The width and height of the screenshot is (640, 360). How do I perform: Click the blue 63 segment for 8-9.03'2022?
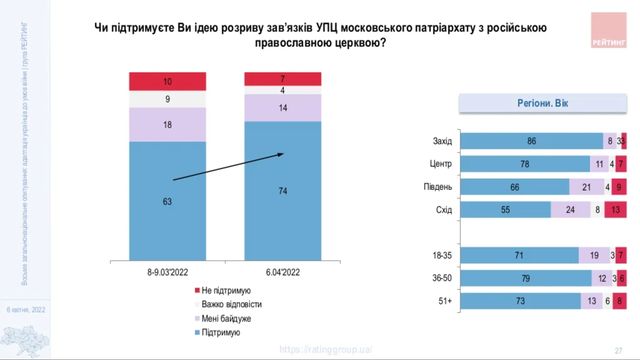pos(165,200)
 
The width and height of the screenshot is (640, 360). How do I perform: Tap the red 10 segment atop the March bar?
pos(165,81)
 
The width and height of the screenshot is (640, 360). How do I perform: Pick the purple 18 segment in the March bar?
pos(165,124)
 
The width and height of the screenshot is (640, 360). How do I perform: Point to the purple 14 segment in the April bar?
pos(283,106)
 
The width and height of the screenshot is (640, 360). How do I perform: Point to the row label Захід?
pos(441,141)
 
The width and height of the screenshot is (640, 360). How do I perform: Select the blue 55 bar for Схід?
pos(506,209)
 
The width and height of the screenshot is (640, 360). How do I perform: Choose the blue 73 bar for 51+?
pos(519,300)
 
